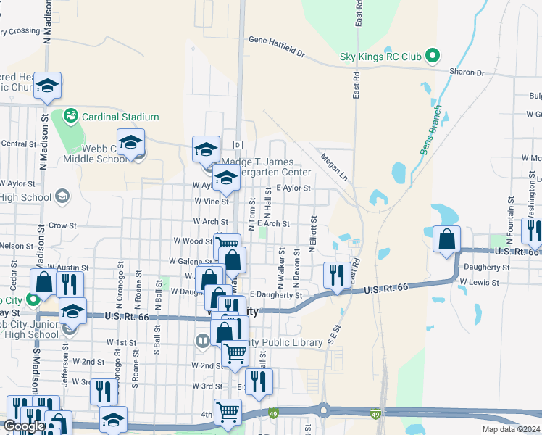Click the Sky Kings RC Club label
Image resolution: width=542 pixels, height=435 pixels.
click(380, 56)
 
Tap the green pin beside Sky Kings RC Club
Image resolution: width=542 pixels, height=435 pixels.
click(433, 55)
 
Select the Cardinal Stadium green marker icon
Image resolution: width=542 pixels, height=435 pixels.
click(70, 115)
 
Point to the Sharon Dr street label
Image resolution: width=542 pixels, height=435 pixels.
click(467, 72)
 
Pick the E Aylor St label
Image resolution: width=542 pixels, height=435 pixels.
click(293, 188)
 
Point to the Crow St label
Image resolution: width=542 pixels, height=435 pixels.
click(63, 225)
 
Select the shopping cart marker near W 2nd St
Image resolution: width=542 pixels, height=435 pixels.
click(235, 352)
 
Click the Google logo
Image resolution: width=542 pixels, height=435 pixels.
click(24, 426)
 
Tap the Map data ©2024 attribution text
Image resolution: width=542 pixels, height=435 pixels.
click(512, 429)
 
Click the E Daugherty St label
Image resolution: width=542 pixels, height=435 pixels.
click(276, 295)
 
